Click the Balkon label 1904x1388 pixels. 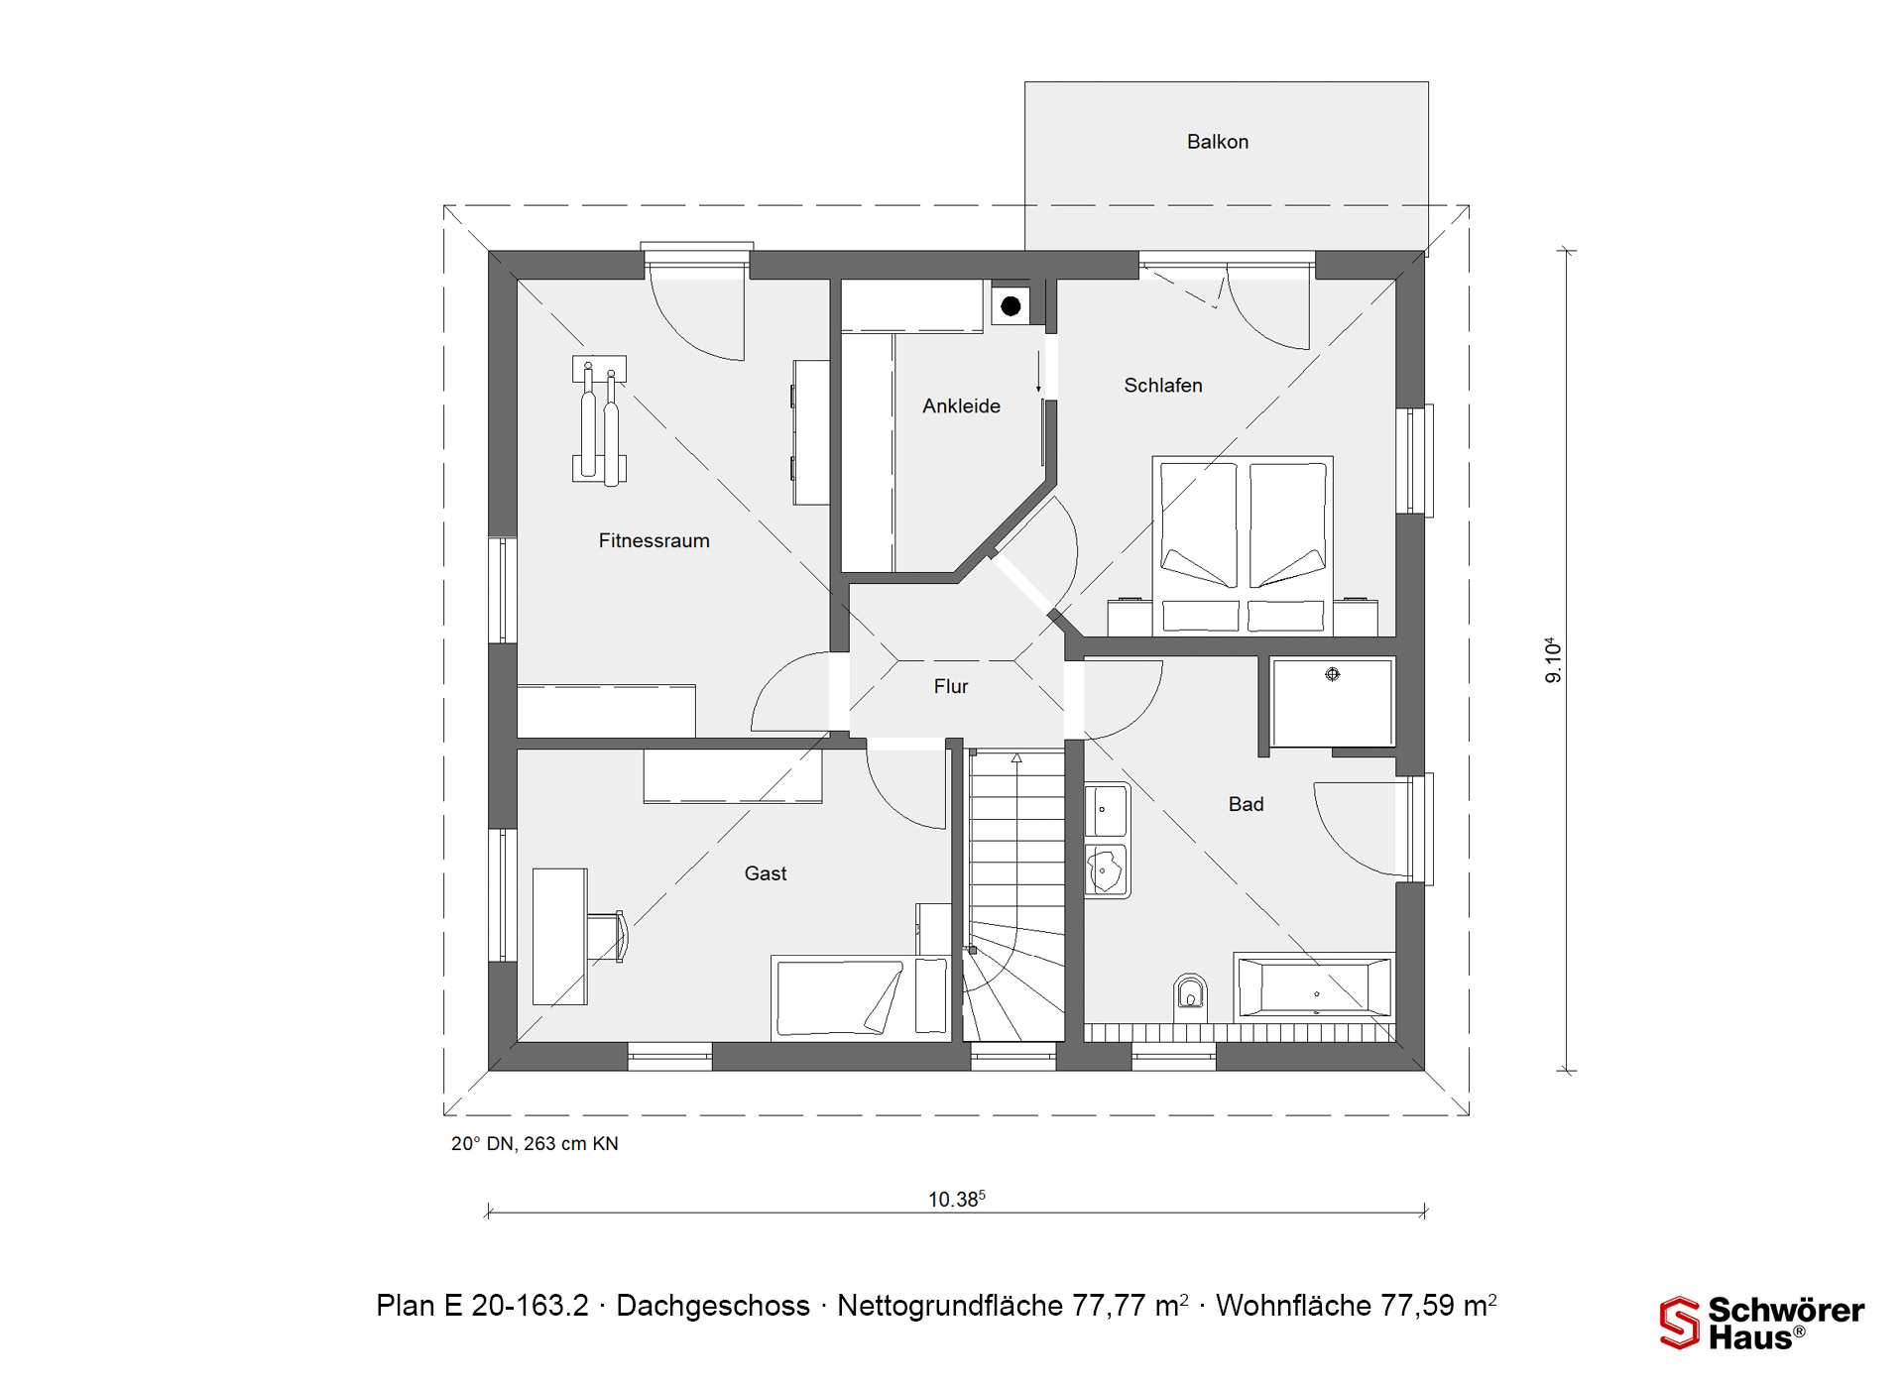coord(1218,142)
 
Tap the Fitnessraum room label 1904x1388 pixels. coord(654,540)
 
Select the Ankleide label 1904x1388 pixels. coord(961,405)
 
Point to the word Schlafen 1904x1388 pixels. coord(1163,385)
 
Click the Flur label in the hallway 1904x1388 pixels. coord(951,686)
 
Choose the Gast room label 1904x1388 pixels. coord(766,873)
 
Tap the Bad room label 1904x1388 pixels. coord(1247,804)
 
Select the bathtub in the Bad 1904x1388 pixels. coord(1314,986)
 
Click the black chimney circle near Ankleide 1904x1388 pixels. coord(1011,306)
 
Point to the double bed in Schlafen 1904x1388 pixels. coord(1243,545)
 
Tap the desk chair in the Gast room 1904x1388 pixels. coord(608,937)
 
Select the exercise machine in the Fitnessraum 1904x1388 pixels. coord(599,420)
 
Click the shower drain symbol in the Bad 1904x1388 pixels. coord(1333,674)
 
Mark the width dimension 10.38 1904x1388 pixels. coord(956,1199)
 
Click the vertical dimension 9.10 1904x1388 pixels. coord(1553,660)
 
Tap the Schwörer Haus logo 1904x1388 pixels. coord(1762,1323)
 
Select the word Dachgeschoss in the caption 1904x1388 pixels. coord(713,1306)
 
